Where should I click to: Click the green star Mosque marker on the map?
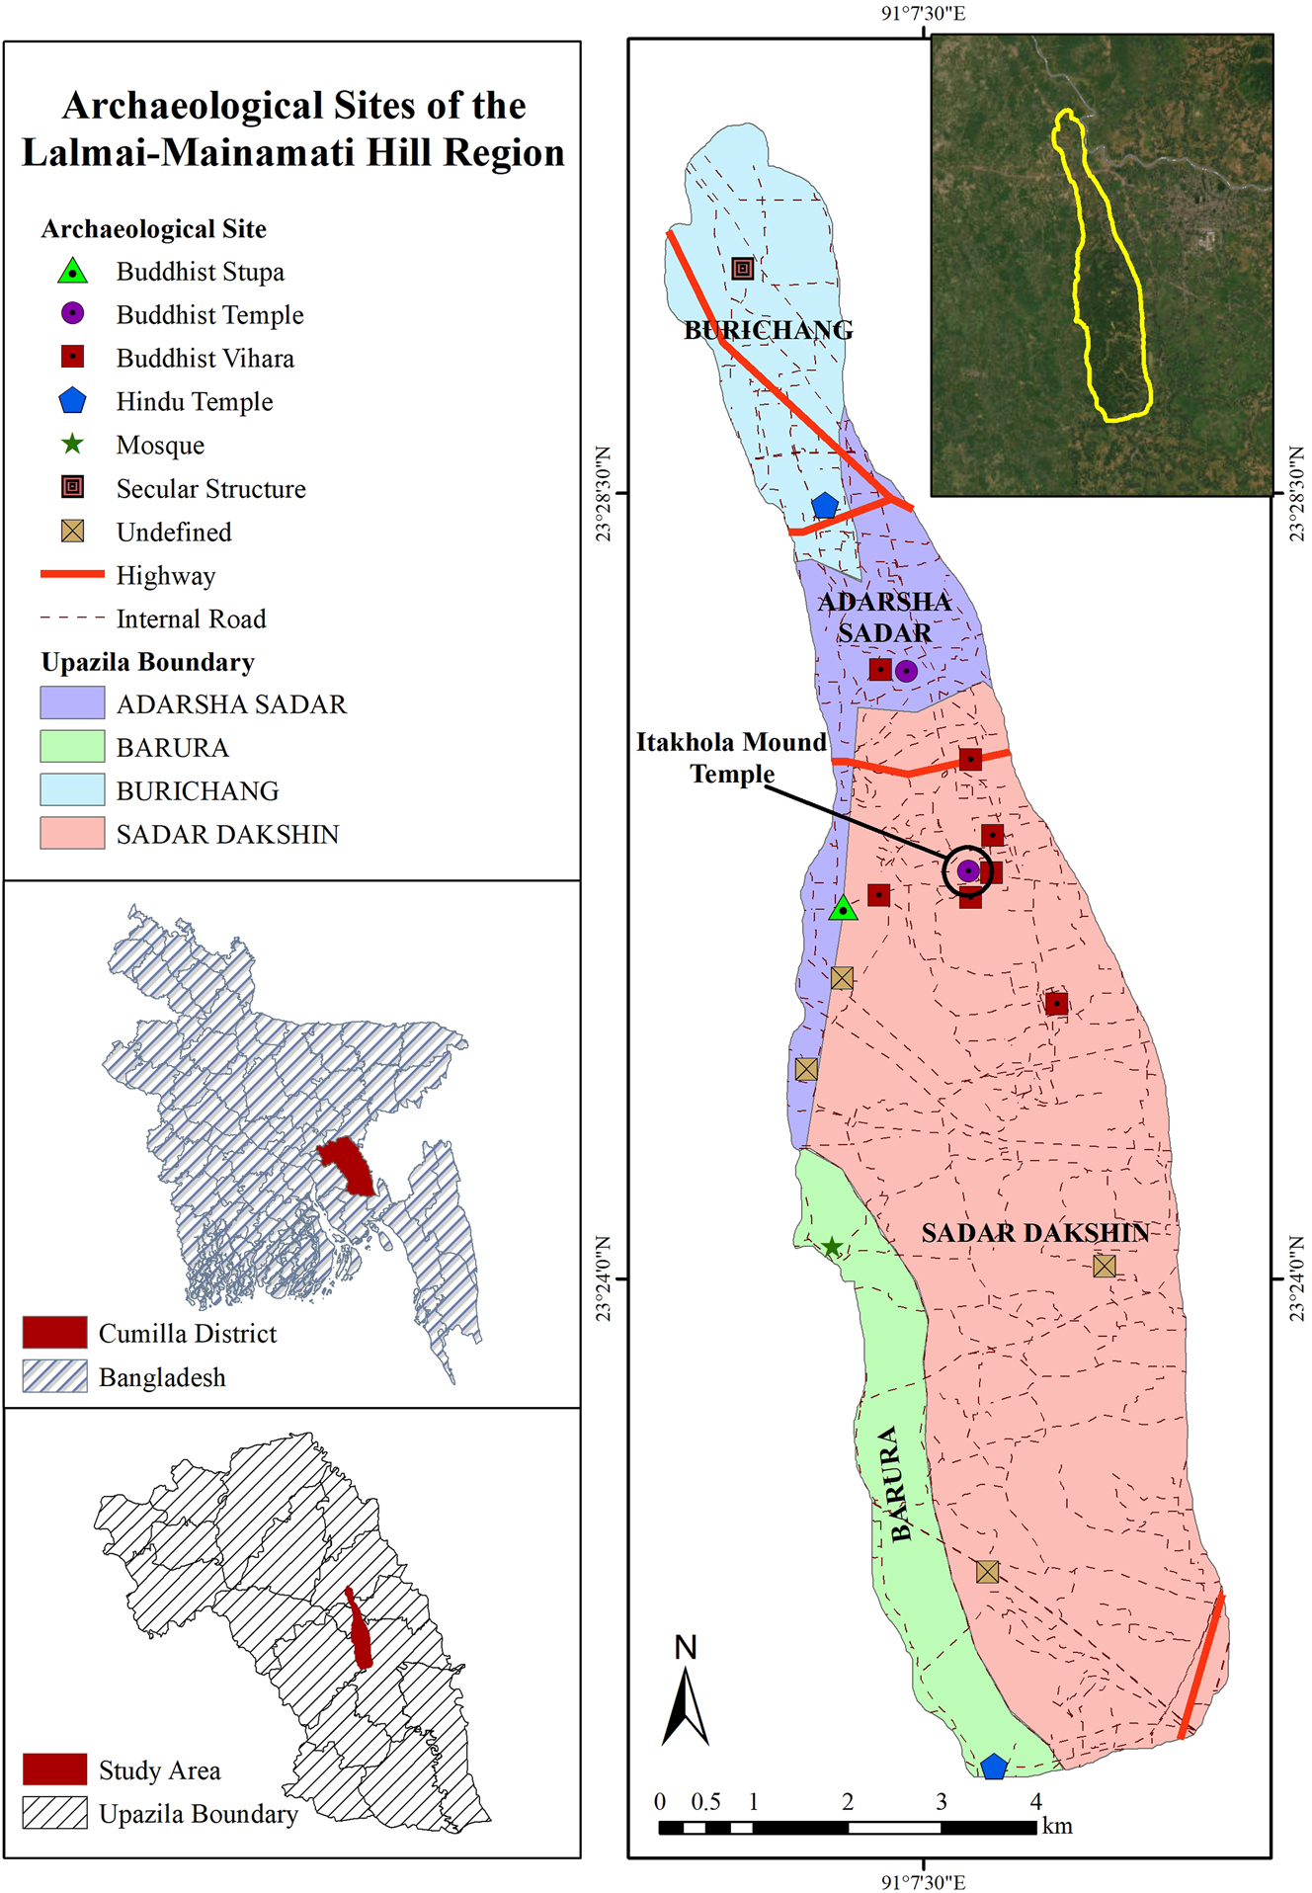(x=832, y=1247)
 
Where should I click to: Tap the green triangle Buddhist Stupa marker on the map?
(x=843, y=909)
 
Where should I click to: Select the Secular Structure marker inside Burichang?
(x=743, y=269)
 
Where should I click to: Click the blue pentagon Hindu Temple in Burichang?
(x=825, y=507)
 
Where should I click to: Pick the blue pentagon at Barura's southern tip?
(x=994, y=1767)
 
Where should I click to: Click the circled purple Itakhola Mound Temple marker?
(x=968, y=870)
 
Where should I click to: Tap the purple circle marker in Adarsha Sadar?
(x=906, y=671)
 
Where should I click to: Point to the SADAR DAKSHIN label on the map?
(x=1034, y=1233)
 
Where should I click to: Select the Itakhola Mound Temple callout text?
(x=731, y=758)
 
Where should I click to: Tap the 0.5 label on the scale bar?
(x=705, y=1801)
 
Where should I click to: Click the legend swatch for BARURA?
(x=72, y=746)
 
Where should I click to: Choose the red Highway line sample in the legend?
(x=72, y=574)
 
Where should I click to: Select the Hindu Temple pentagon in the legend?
(x=72, y=401)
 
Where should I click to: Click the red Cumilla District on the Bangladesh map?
(x=347, y=1164)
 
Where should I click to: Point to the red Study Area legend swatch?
(x=54, y=1769)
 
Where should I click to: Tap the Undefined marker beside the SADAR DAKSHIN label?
(x=1105, y=1266)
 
